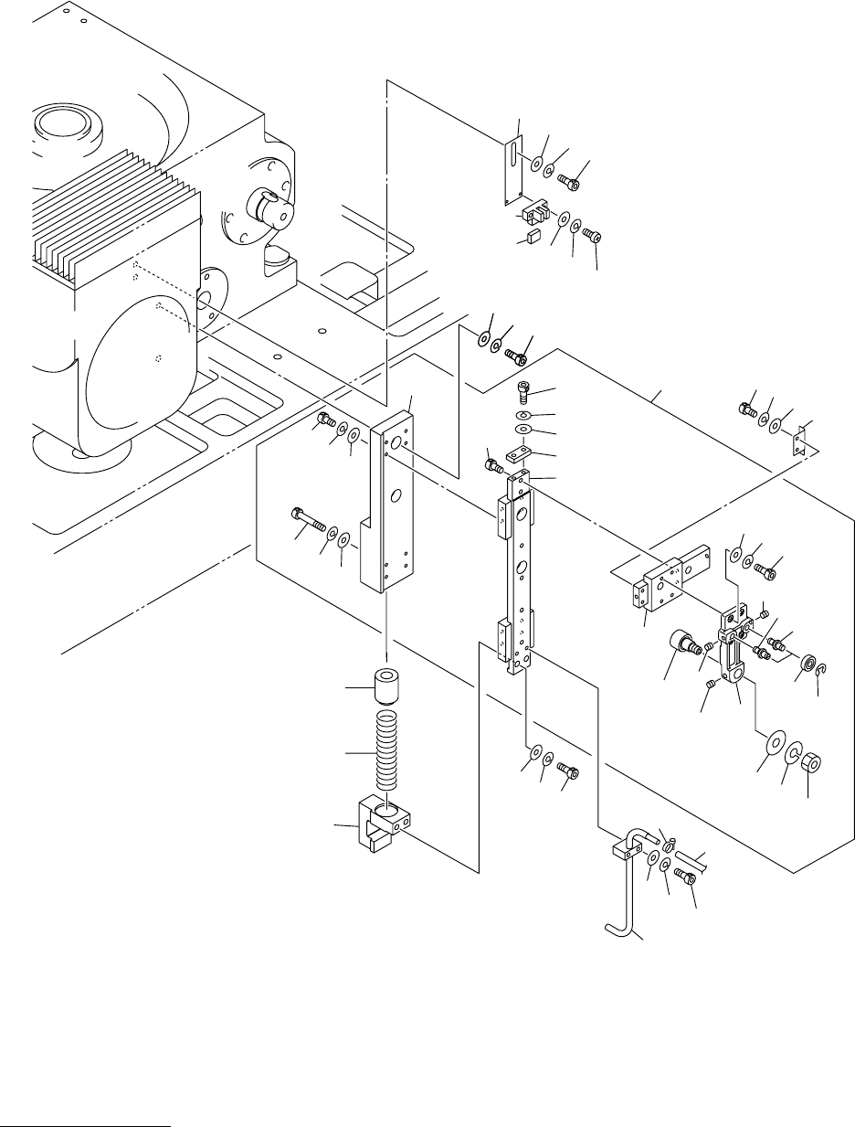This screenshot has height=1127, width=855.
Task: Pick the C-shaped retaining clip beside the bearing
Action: tap(823, 672)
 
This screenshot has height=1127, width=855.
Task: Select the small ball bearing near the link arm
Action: tap(807, 663)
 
